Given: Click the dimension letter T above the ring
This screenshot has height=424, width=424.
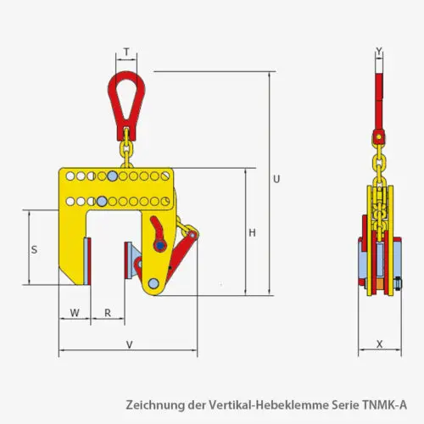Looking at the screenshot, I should click(126, 52).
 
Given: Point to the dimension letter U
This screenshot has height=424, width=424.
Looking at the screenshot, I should click(276, 179).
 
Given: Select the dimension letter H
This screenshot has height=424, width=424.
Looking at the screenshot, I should click(252, 232).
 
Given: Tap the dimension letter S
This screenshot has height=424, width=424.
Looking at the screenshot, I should click(34, 249).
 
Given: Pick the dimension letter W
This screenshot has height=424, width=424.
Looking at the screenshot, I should click(75, 313).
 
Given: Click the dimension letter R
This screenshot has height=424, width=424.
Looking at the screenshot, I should click(108, 313).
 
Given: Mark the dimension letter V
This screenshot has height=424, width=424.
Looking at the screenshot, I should click(128, 344).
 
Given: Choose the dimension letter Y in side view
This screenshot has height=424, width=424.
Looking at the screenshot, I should click(378, 51).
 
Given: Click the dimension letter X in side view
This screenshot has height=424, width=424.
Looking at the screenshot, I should click(378, 344).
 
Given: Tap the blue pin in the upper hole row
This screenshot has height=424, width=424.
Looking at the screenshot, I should click(113, 177).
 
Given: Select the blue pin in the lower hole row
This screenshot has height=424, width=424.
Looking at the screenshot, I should click(102, 201).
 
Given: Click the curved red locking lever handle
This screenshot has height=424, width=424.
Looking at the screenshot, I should click(158, 232).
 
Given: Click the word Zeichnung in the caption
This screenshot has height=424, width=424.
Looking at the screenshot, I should click(153, 404).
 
